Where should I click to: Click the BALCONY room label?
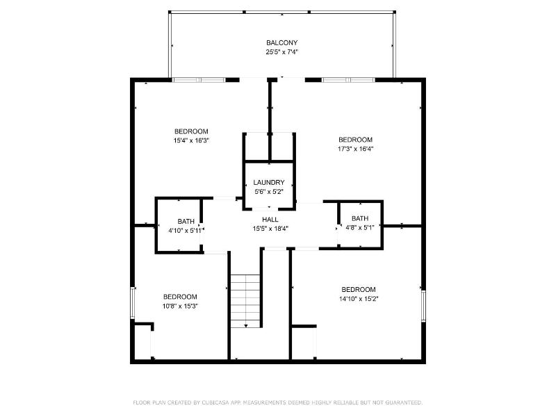[282, 43]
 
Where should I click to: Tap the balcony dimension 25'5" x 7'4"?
[282, 52]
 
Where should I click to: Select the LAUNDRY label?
[269, 183]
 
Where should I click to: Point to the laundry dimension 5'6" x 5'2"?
[269, 192]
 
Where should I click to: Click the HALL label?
[270, 220]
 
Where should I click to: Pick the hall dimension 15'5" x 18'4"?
[270, 229]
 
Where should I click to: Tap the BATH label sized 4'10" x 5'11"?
[186, 221]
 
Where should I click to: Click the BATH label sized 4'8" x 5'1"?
[360, 218]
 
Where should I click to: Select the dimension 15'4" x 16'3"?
[191, 140]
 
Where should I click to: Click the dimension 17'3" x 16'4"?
[355, 149]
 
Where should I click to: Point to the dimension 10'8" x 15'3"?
[180, 306]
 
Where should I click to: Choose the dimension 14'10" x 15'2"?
[359, 299]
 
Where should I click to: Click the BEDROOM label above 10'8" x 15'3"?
[180, 297]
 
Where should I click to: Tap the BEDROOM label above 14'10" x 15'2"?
[359, 290]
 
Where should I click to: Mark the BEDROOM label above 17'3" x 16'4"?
[355, 140]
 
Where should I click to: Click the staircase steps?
[245, 301]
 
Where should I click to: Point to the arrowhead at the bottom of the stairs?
[246, 325]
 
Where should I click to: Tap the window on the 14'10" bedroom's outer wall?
[423, 306]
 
